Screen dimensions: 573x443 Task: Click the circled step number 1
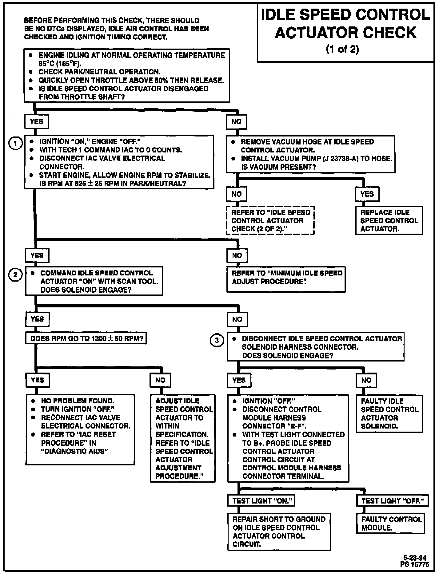tap(15, 143)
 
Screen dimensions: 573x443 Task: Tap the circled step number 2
tap(15, 275)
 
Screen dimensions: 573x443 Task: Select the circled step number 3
tap(217, 341)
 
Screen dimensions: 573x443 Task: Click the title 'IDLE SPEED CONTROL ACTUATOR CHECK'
tap(345, 24)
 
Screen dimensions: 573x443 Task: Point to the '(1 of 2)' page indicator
tap(342, 49)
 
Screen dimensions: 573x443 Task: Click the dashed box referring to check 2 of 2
tap(270, 221)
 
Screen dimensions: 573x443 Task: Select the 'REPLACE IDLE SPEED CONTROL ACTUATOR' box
tap(389, 221)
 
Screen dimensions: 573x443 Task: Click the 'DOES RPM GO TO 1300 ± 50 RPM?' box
tap(86, 339)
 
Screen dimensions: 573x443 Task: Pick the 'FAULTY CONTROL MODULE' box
tap(391, 523)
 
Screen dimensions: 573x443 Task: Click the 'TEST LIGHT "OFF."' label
tap(392, 501)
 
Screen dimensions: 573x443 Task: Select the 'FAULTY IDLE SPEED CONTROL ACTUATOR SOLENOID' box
tap(389, 413)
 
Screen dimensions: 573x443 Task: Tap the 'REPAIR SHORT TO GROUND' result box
tap(279, 532)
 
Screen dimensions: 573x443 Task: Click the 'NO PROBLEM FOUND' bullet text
tap(78, 401)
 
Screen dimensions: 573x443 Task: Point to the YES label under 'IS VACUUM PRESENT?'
tap(367, 194)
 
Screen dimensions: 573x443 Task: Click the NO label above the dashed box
tap(237, 194)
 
